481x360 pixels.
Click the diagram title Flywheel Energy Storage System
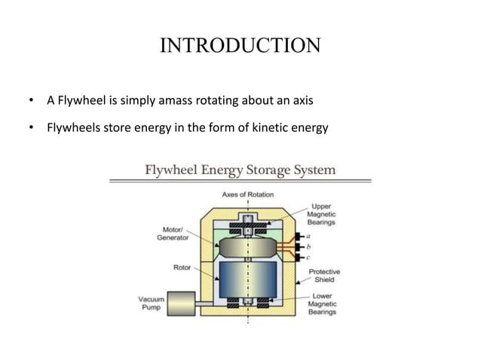pyautogui.click(x=240, y=169)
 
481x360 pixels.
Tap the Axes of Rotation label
pyautogui.click(x=247, y=194)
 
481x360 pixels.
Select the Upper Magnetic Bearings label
pyautogui.click(x=322, y=214)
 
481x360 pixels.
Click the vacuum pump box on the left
pyautogui.click(x=181, y=304)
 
